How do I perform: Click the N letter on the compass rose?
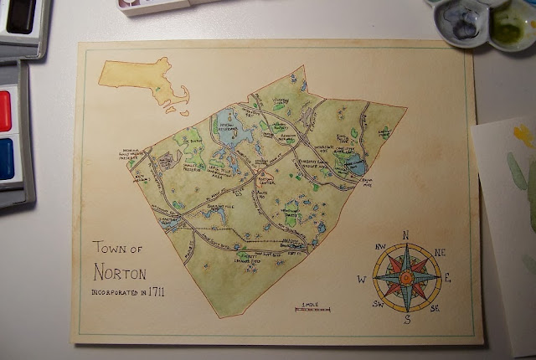pos(406,235)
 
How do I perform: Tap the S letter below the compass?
pos(407,320)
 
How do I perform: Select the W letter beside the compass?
pos(363,279)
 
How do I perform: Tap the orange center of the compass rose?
pos(406,277)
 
